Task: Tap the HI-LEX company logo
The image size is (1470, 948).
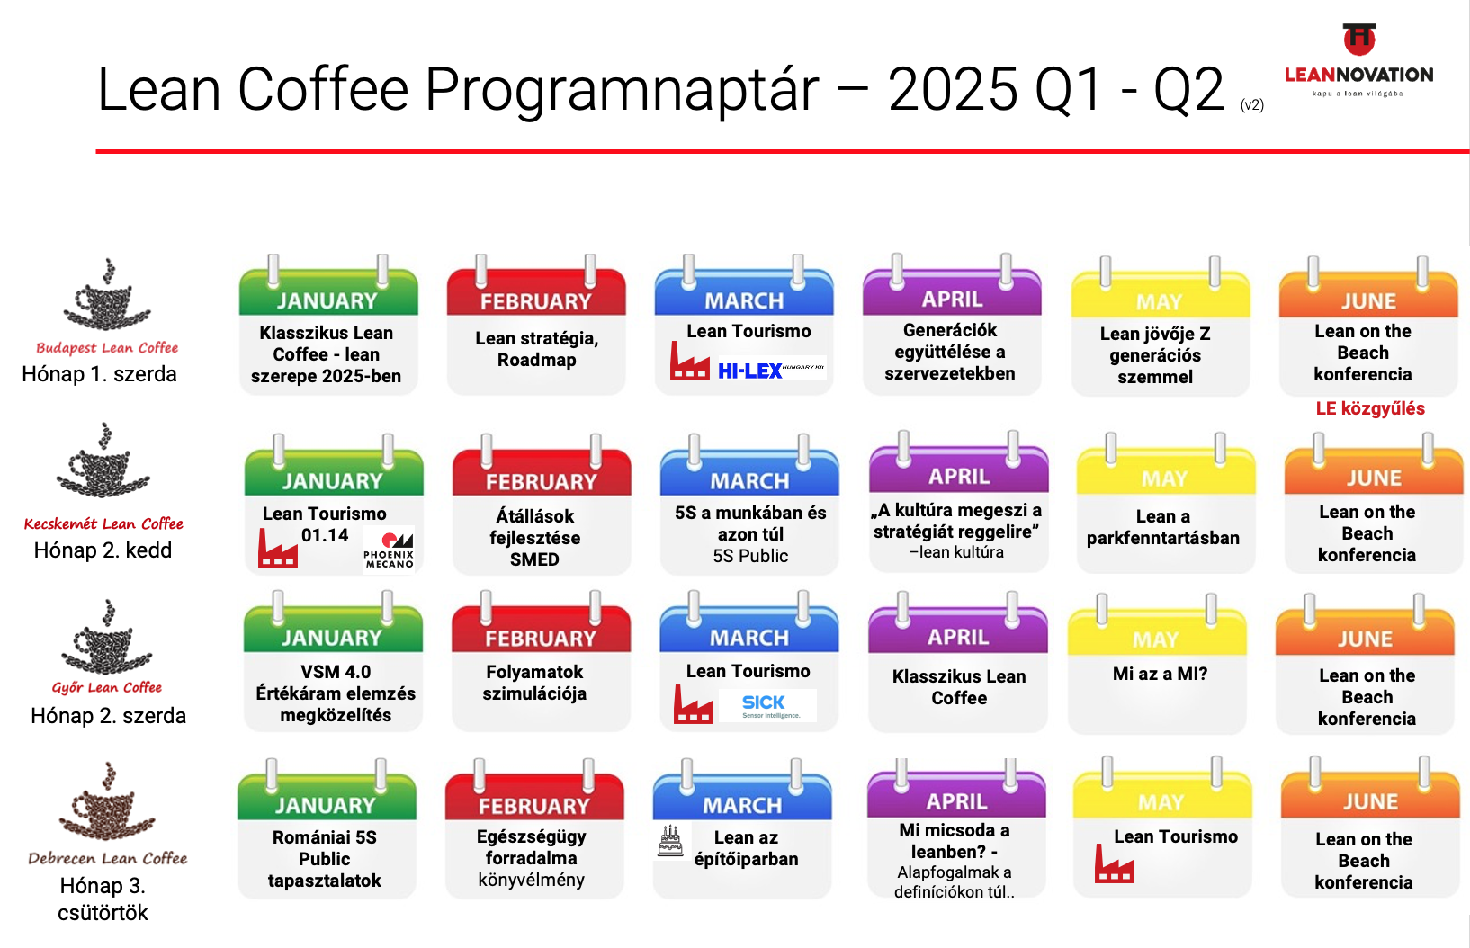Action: pos(772,370)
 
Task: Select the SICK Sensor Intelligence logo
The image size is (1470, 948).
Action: pos(767,706)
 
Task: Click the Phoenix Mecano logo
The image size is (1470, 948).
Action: pos(389,550)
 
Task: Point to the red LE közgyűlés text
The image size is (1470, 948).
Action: pos(1370,408)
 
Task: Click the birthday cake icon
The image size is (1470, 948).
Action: pos(670,841)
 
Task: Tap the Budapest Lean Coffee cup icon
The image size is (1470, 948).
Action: pos(107,295)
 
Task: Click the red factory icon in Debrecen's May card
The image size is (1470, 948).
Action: pos(1115,863)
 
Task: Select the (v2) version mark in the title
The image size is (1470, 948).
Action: pos(1252,105)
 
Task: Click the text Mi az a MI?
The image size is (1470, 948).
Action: pos(1160,674)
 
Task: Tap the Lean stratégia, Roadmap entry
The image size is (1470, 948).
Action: pos(537,349)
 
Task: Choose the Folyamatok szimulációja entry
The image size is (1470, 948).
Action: pos(534,683)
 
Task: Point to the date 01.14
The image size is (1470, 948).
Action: pos(325,535)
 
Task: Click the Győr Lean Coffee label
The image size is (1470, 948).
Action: pos(107,687)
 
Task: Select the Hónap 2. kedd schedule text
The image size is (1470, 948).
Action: pos(103,550)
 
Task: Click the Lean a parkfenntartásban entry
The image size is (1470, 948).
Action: pos(1163,527)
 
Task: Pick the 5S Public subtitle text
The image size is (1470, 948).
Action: pos(750,557)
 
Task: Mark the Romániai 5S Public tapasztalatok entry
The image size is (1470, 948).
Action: pos(324,859)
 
